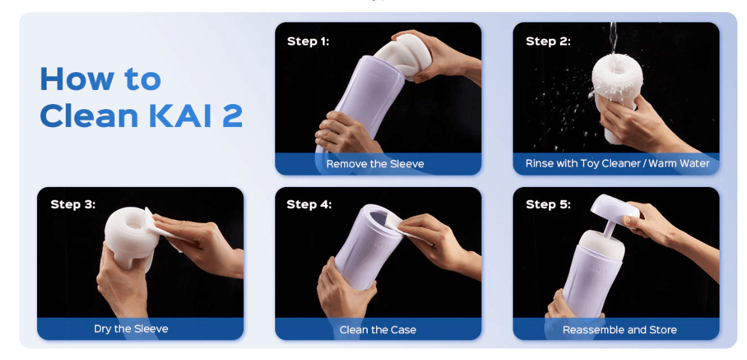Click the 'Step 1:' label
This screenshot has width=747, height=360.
pos(308,41)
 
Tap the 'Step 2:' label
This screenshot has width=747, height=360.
pos(548,41)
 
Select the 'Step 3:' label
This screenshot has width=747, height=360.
pos(73,204)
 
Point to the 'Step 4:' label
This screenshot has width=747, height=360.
pos(309,204)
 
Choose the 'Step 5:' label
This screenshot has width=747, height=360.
pos(548,204)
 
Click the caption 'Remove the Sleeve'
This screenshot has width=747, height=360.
pos(375,164)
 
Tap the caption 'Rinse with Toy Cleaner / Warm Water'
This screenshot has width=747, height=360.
pos(617,163)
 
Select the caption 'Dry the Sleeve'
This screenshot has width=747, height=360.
pos(131,329)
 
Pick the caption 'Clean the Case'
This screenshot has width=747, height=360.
pos(377,330)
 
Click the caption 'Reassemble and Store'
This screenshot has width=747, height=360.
pos(619,330)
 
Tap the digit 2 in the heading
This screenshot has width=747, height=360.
pos(232,116)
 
